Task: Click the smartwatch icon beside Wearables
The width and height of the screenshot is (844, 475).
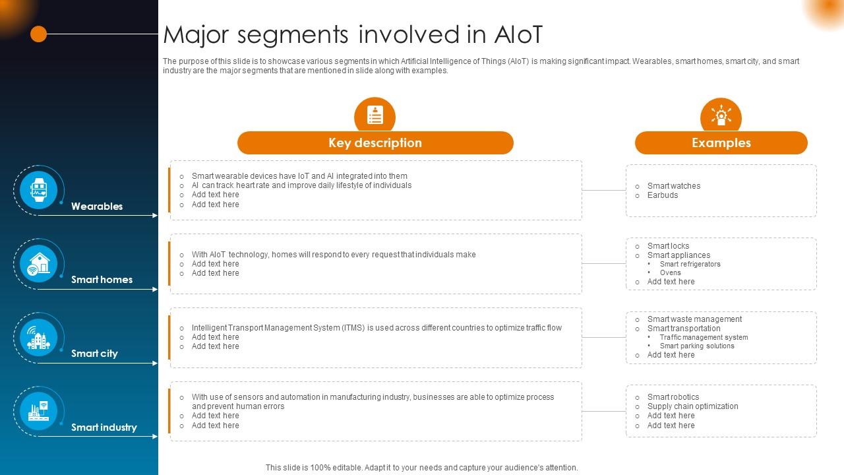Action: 39,190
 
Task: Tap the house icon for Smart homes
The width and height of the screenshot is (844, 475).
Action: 39,264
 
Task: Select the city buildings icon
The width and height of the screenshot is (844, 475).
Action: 39,338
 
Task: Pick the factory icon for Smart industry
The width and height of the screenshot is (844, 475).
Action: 39,411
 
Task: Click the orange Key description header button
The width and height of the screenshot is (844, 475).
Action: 375,143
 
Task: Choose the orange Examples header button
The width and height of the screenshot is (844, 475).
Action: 721,143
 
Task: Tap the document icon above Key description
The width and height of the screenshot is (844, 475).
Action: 375,115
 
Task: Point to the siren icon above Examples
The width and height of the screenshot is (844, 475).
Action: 721,116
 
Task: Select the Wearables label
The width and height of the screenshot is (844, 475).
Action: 97,206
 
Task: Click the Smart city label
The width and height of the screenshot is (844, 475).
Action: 94,354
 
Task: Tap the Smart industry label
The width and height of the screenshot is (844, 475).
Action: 104,427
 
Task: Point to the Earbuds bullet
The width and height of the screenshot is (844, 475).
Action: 663,195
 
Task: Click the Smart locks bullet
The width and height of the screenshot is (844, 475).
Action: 668,246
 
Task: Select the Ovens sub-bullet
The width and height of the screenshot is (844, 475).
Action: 670,272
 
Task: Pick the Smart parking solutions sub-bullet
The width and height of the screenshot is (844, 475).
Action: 696,346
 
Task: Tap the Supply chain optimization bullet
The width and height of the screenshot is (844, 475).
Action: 692,406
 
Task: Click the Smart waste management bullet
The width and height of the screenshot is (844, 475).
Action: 694,319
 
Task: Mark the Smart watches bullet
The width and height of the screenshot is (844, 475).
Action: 673,186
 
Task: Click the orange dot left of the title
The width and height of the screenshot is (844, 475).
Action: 39,34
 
